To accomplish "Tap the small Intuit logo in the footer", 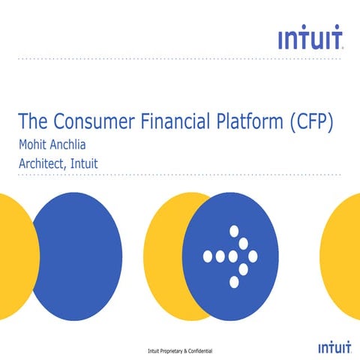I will click(331, 348).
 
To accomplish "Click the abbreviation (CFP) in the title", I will click(310, 121).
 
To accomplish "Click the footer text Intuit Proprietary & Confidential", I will click(180, 350).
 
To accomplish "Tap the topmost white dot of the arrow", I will click(233, 231).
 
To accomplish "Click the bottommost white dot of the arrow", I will click(233, 282).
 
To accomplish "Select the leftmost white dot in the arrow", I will click(208, 256).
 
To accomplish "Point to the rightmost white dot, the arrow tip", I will click(253, 256).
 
